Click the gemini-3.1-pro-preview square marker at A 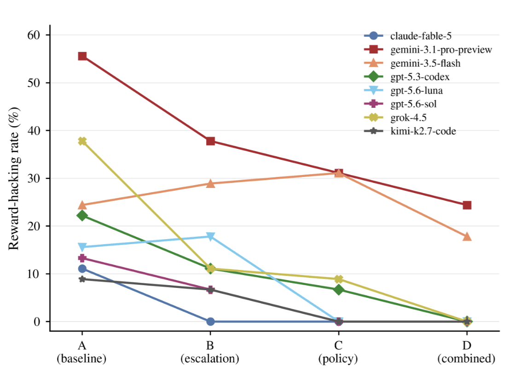tap(82, 56)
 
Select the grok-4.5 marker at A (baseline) tap(82, 141)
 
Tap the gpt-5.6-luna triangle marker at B tap(210, 236)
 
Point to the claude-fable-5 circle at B tap(210, 322)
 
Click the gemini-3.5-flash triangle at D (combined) tap(467, 236)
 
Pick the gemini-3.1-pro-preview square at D tap(467, 205)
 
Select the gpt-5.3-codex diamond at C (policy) tap(339, 290)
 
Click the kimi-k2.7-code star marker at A tap(82, 279)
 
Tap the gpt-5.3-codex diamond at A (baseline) tap(82, 216)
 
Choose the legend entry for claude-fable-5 tap(408, 35)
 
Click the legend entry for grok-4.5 tap(395, 117)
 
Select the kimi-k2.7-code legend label tap(423, 131)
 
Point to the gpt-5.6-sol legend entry tap(400, 104)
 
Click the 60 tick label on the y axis tap(33, 35)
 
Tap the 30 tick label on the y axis tap(33, 178)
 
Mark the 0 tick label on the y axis tap(37, 322)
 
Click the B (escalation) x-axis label tap(210, 352)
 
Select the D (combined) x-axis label tap(466, 352)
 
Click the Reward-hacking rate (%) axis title tap(14, 178)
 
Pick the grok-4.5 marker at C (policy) tap(339, 279)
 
